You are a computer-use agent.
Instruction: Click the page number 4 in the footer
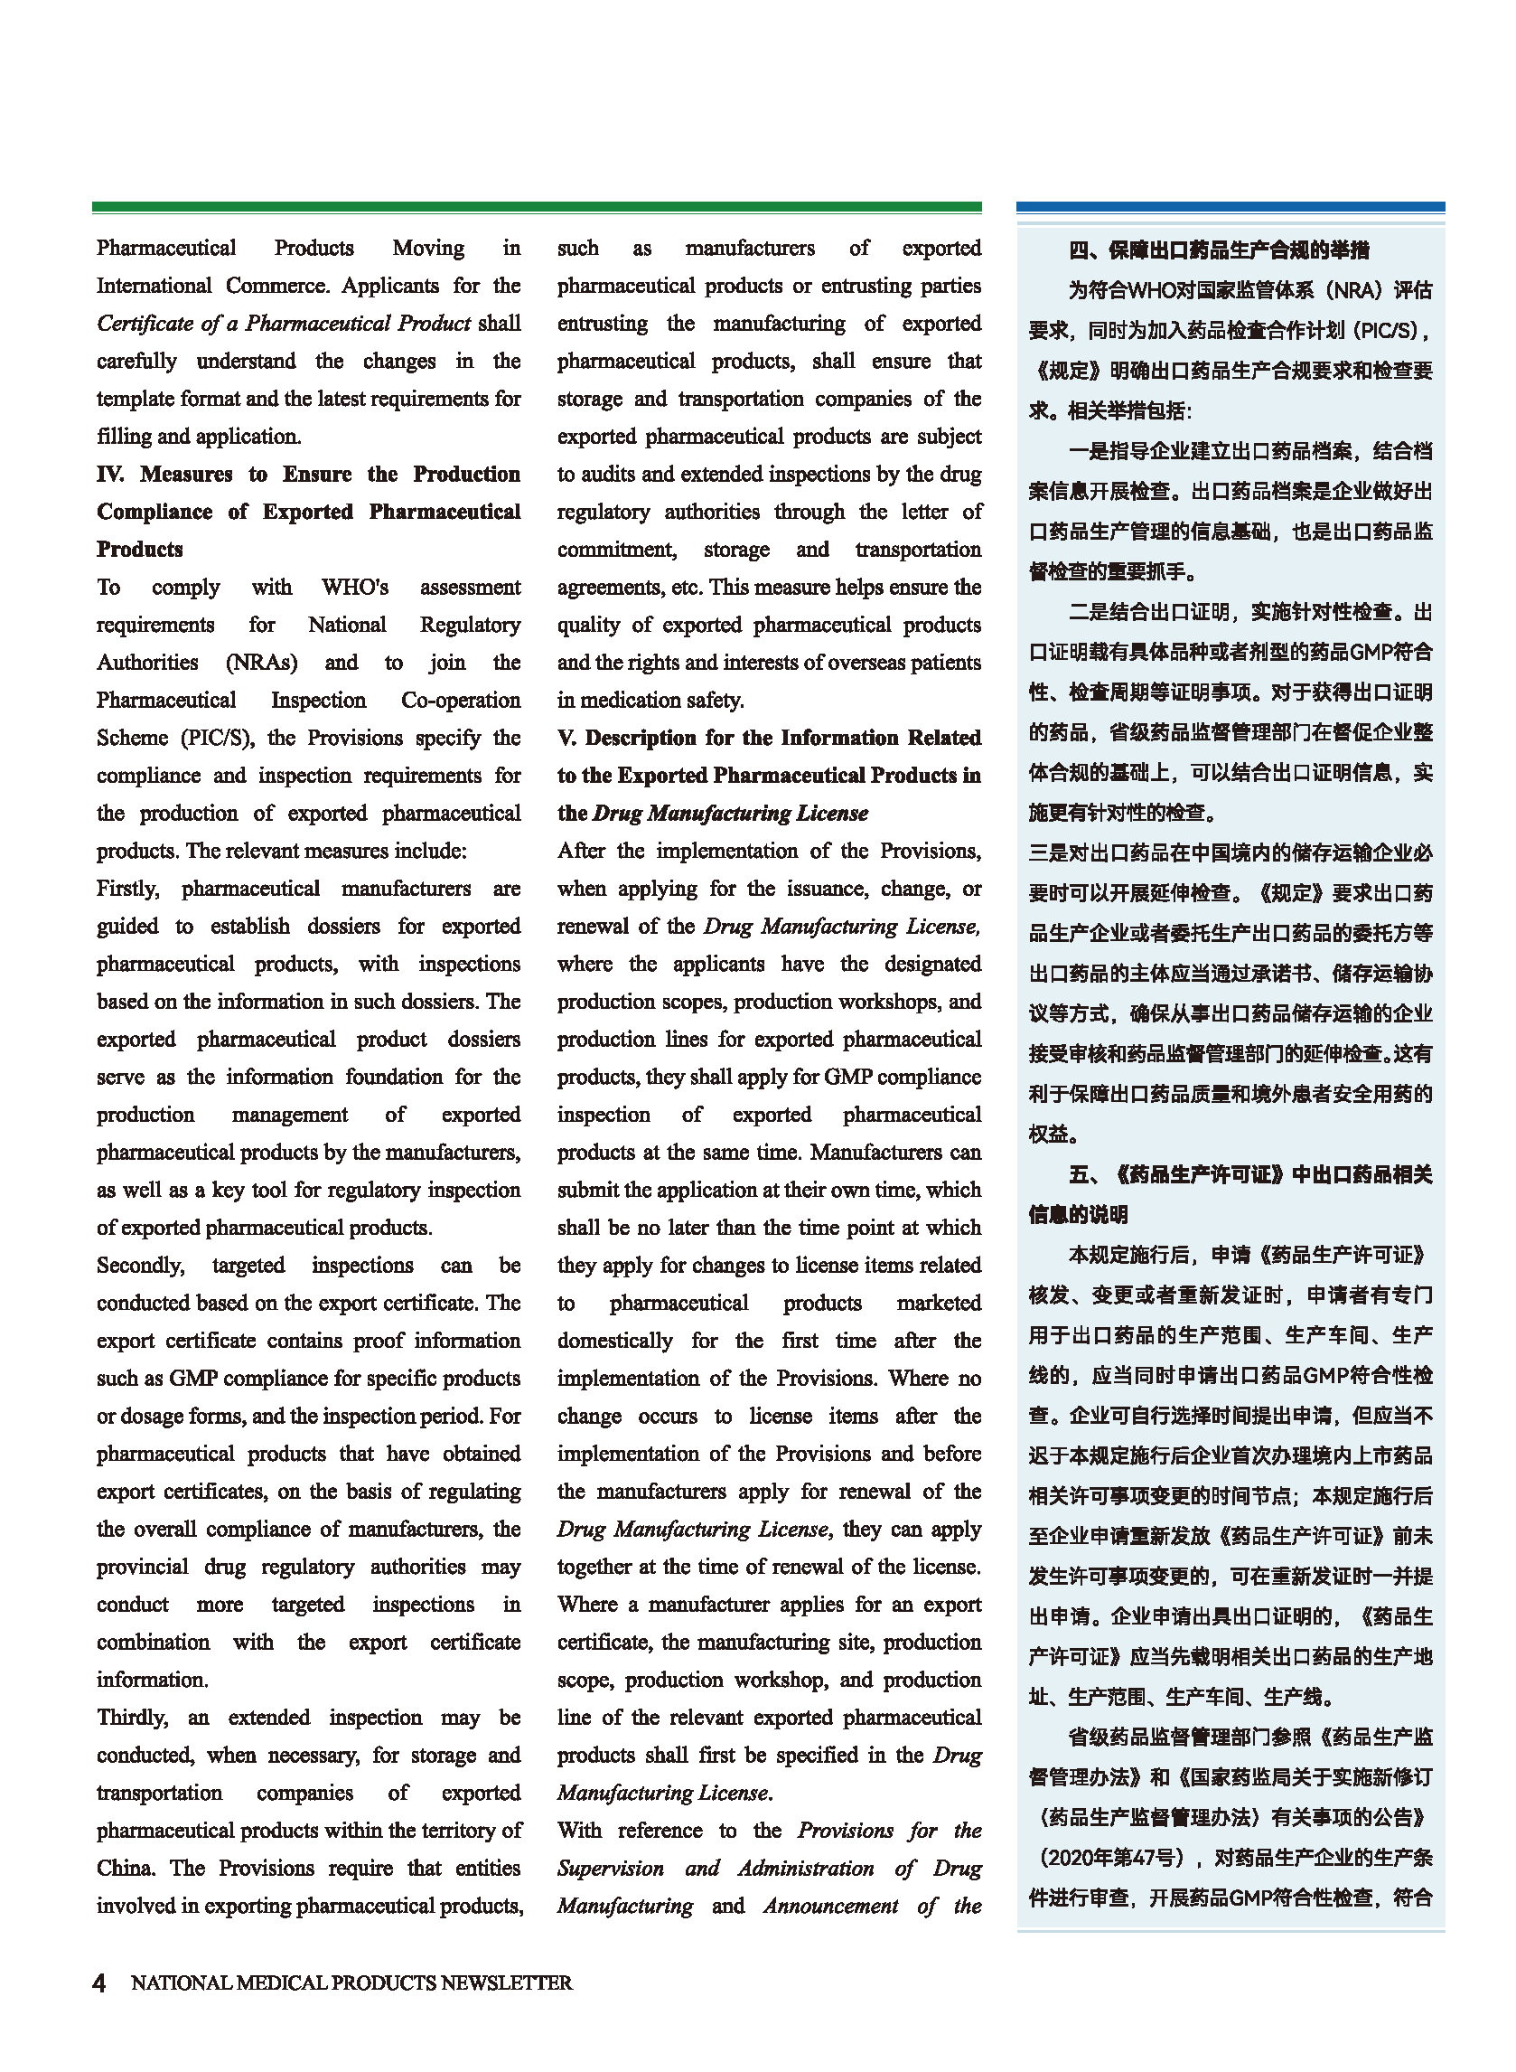point(99,1982)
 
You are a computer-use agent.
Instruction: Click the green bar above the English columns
point(536,208)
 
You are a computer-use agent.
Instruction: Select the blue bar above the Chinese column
point(1230,208)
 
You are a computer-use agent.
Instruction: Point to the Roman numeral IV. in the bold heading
point(109,474)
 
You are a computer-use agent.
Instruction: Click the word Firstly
point(127,888)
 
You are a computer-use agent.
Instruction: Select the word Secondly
point(139,1265)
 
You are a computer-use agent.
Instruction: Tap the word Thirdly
point(132,1717)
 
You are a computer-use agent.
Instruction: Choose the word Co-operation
point(461,700)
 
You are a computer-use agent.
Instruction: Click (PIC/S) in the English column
point(218,737)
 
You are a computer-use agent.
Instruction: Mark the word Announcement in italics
point(830,1905)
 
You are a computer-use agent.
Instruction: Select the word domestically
point(615,1341)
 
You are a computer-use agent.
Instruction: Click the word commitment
point(616,549)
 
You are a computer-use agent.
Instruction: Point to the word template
point(135,399)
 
